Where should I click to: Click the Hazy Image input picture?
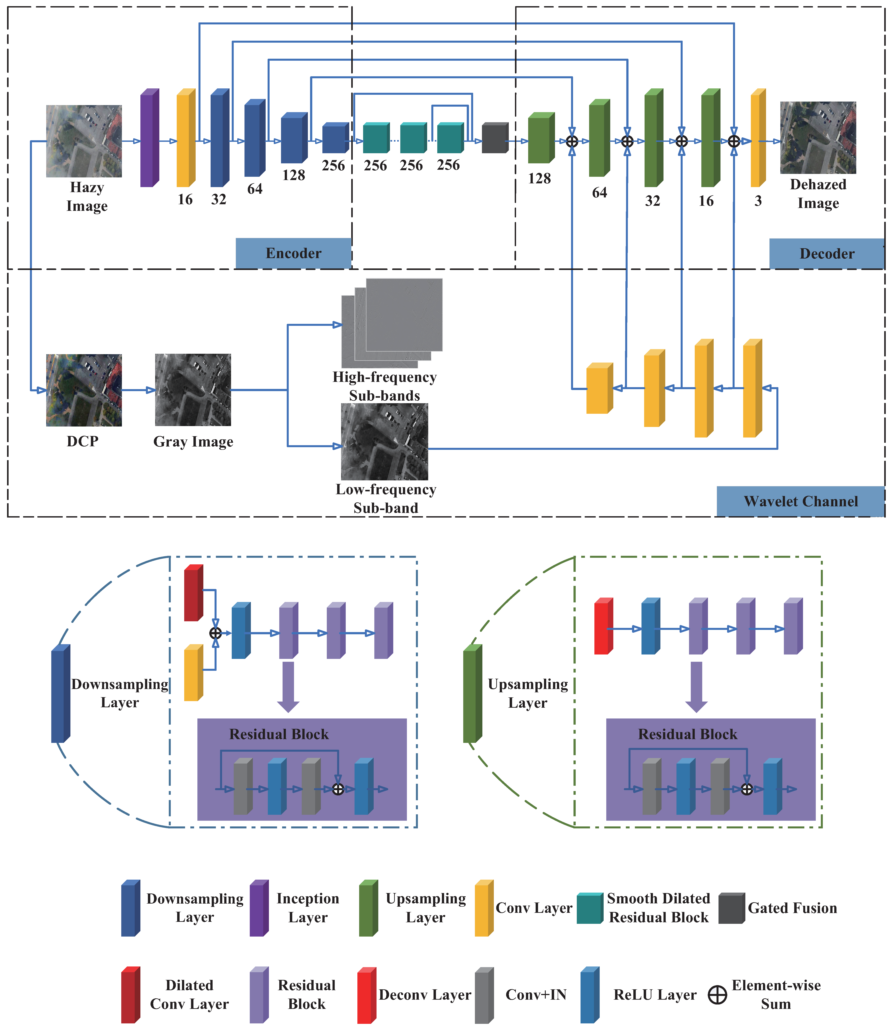coord(84,141)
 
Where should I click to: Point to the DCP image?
coord(84,390)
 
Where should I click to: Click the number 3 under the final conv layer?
coord(758,201)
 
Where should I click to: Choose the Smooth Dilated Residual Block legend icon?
coord(589,908)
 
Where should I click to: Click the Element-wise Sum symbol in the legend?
coord(717,995)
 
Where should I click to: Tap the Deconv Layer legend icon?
coord(366,995)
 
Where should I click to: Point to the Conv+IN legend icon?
coord(483,995)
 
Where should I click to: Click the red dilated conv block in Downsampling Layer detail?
coord(193,593)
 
